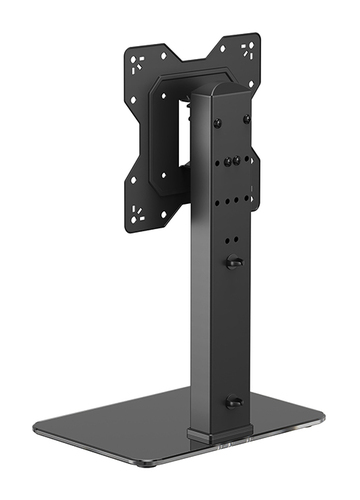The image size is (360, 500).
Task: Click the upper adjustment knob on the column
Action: pos(234,262)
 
